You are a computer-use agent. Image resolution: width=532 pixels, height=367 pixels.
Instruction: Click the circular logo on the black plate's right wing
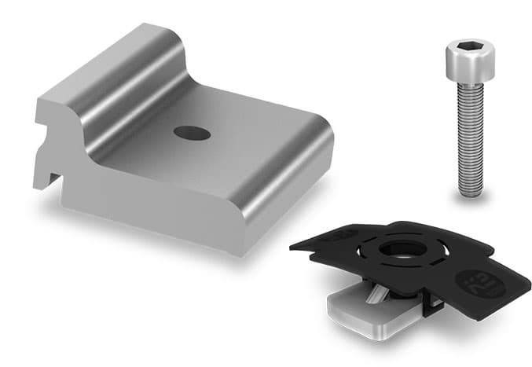coord(474,281)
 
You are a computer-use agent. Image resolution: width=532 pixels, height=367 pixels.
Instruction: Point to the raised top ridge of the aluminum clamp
coord(118,63)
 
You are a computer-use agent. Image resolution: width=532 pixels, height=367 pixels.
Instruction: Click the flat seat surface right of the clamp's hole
coord(251,145)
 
